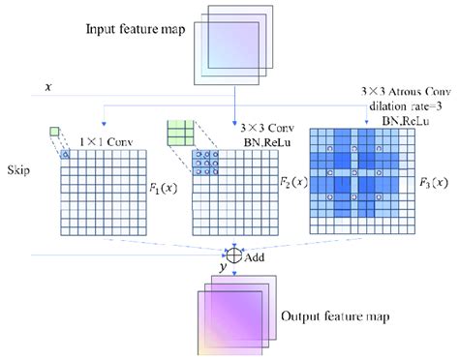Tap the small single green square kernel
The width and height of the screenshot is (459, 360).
click(x=55, y=132)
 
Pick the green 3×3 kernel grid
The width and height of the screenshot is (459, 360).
click(x=181, y=132)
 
